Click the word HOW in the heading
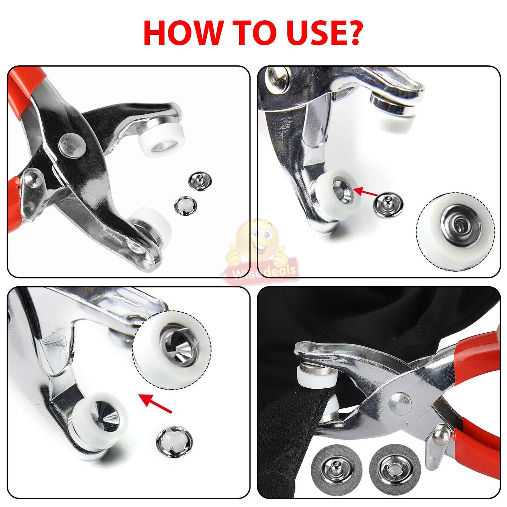[x=182, y=32]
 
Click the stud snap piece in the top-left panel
[x=200, y=181]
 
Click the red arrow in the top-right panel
[x=365, y=192]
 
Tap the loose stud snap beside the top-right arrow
[x=388, y=205]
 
